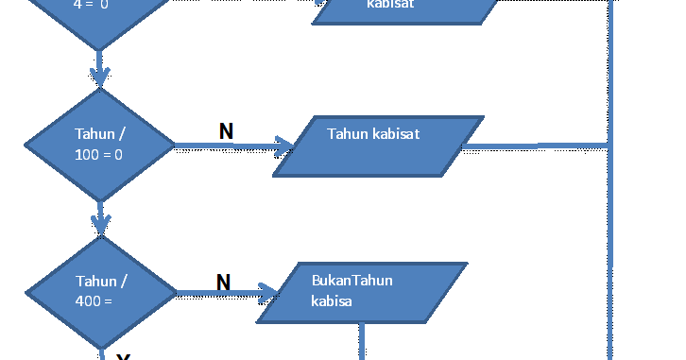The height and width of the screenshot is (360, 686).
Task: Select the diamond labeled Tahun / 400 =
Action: (x=99, y=292)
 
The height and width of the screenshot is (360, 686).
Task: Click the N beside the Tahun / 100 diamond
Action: (x=226, y=131)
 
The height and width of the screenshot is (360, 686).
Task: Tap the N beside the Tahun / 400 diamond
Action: (x=223, y=282)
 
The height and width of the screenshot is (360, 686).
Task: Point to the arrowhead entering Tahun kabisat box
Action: (x=284, y=146)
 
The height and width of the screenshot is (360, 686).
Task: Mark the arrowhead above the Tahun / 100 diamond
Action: (x=99, y=76)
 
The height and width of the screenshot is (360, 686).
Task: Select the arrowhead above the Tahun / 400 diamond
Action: (x=100, y=225)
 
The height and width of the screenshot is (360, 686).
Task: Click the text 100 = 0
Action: (x=98, y=154)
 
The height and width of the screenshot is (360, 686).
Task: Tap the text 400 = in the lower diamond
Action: (x=94, y=301)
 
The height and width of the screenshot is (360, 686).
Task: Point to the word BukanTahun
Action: (x=352, y=280)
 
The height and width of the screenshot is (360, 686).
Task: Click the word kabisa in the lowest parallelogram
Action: (x=332, y=301)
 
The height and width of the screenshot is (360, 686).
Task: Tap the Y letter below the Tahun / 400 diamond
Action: (x=123, y=356)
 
